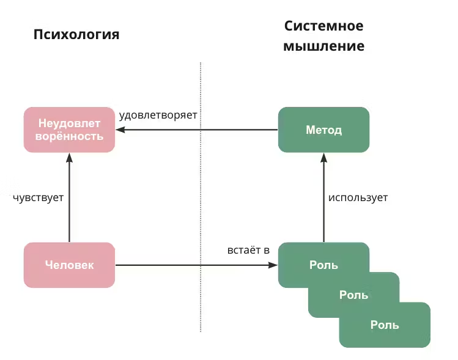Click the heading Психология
pos(76,34)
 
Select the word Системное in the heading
pos(323,26)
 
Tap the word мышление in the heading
pos(323,46)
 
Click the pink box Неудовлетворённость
pos(69,130)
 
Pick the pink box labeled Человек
pos(69,265)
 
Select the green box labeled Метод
pos(323,130)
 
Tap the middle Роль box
pos(367,295)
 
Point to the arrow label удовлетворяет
pos(158,114)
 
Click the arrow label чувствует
pos(38,197)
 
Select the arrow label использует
pos(358,197)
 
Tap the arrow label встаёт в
pos(248,251)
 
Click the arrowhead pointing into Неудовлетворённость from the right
pos(120,130)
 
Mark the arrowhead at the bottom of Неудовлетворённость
pos(69,156)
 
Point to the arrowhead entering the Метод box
pos(323,156)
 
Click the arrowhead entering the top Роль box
pos(273,265)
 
